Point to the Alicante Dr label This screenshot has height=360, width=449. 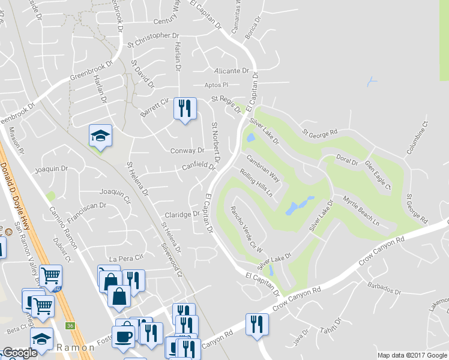click(x=231, y=70)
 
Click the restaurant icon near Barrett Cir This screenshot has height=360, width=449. click(x=184, y=109)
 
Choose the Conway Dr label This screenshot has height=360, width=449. click(x=187, y=151)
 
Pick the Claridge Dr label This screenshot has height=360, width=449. click(x=181, y=214)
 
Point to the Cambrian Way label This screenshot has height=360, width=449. click(x=263, y=168)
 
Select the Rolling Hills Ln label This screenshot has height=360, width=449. click(x=256, y=183)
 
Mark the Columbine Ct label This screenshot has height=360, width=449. click(x=415, y=138)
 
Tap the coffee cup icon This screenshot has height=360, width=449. click(x=125, y=337)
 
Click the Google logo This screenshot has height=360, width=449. click(x=20, y=353)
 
